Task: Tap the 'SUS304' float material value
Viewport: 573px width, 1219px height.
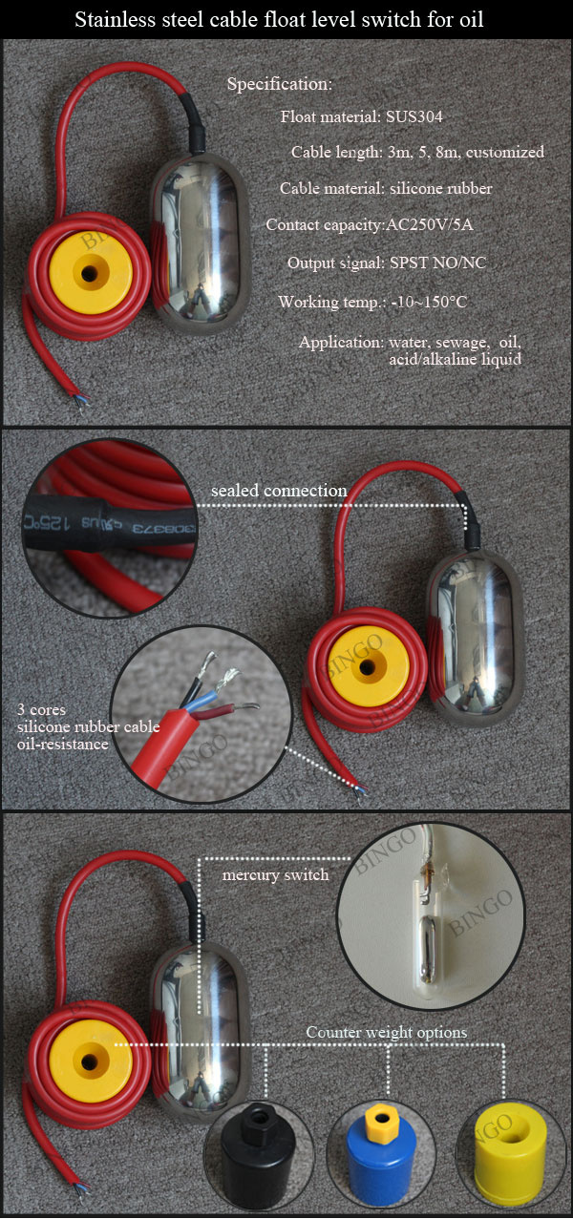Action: click(414, 116)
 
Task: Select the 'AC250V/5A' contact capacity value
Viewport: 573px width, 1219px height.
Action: click(429, 224)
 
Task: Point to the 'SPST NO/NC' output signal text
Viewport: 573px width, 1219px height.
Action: click(437, 263)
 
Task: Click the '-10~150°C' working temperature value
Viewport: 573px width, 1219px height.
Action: click(429, 302)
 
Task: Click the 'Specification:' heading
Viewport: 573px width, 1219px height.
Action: click(280, 84)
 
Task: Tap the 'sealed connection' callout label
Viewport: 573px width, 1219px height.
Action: click(279, 491)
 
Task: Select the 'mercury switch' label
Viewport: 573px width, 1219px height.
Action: click(276, 875)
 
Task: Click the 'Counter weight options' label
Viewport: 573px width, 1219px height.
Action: click(387, 1032)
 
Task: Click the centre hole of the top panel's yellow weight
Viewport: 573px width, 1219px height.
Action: click(88, 273)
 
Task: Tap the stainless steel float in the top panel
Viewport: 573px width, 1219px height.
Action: click(200, 243)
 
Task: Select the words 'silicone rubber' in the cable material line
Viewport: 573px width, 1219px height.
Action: click(440, 188)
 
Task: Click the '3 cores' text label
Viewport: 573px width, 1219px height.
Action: click(41, 709)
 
